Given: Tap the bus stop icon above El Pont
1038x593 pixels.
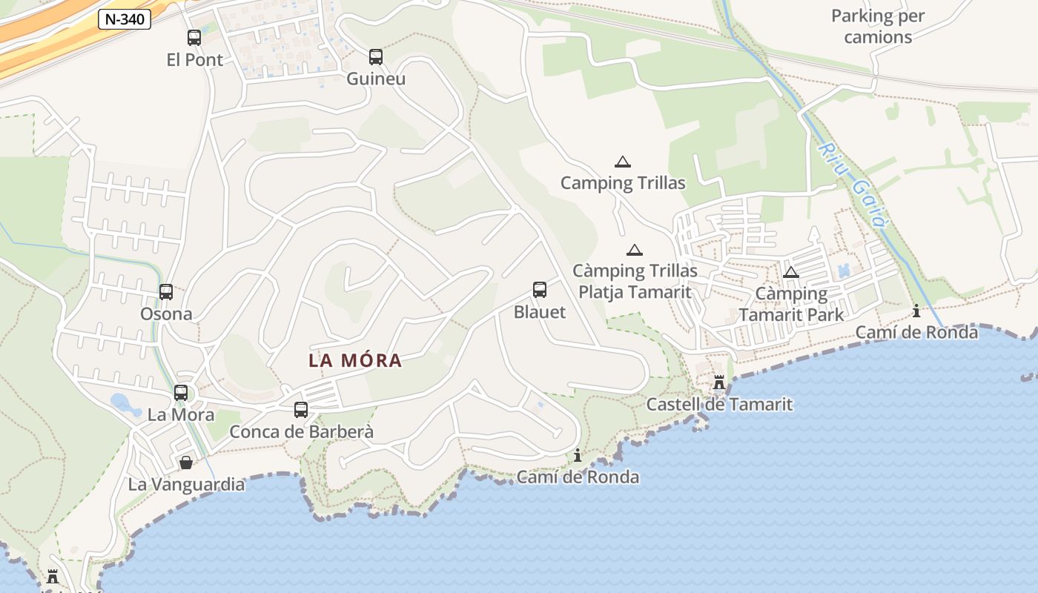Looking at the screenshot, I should (194, 38).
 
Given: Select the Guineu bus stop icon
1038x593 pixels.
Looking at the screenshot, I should (376, 56).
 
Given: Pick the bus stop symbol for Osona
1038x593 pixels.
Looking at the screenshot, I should (166, 292).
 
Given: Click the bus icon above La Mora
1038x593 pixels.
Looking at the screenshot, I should (181, 393).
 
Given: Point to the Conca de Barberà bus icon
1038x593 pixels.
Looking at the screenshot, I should (301, 409).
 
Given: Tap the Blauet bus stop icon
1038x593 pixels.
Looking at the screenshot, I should (540, 290).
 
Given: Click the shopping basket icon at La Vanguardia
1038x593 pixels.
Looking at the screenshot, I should (186, 463).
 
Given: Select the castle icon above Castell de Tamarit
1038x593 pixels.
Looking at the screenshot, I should (718, 382).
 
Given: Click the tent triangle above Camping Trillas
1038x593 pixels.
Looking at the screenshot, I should (623, 162).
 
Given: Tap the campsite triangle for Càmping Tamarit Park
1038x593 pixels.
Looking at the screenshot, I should (791, 272).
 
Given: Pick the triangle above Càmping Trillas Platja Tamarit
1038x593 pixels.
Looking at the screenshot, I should (634, 250).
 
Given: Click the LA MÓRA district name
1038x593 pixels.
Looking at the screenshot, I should (355, 361).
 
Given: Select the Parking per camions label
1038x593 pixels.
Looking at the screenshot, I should (878, 26).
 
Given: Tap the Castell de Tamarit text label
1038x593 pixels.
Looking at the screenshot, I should (719, 405).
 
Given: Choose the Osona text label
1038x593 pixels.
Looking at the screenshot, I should (166, 314).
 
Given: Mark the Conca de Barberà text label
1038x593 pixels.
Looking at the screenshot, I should (301, 431).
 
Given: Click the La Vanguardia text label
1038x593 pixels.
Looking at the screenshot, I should (186, 485).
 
